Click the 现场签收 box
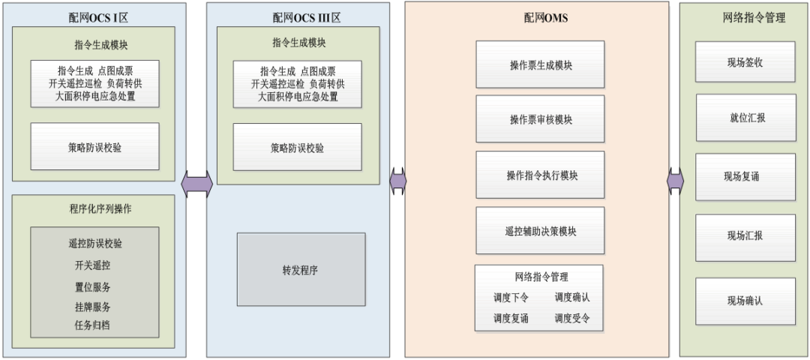[745, 62]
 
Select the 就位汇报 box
[745, 118]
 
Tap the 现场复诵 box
[745, 177]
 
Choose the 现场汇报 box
[745, 235]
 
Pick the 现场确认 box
[745, 301]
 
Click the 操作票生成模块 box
[539, 65]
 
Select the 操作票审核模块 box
[539, 120]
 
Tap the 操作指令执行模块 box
[539, 175]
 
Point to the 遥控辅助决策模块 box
[539, 231]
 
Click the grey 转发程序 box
[301, 269]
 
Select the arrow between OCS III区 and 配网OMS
[398, 181]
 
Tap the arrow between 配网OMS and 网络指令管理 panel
[675, 180]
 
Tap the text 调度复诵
[511, 318]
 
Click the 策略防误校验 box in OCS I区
[94, 147]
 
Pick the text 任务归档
[94, 325]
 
